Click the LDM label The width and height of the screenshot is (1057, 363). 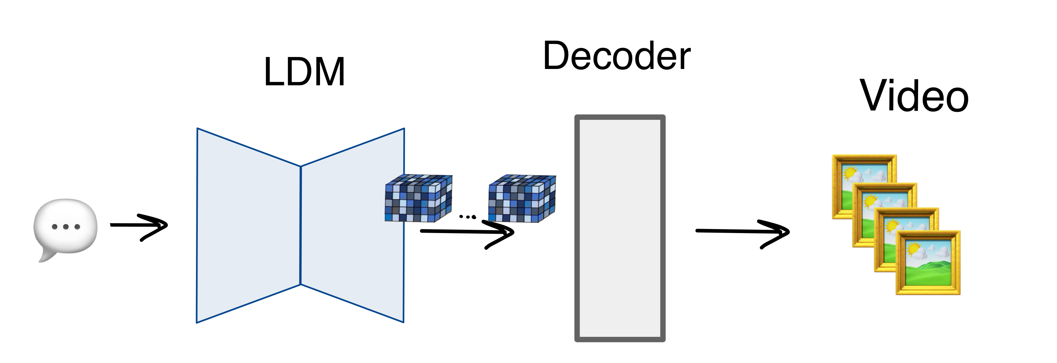click(x=304, y=72)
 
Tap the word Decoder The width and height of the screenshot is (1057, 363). click(x=616, y=56)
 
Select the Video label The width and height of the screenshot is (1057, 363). click(x=914, y=96)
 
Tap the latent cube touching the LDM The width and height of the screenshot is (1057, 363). click(x=418, y=198)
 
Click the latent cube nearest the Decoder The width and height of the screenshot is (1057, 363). click(x=521, y=199)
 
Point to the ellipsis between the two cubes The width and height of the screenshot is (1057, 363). click(x=467, y=217)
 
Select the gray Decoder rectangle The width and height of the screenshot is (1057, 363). click(x=620, y=228)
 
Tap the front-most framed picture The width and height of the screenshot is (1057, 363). click(x=928, y=262)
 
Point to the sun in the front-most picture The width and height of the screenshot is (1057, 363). click(x=914, y=248)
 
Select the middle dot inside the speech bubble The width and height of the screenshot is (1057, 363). click(x=66, y=227)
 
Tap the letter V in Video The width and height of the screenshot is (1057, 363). click(x=875, y=95)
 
